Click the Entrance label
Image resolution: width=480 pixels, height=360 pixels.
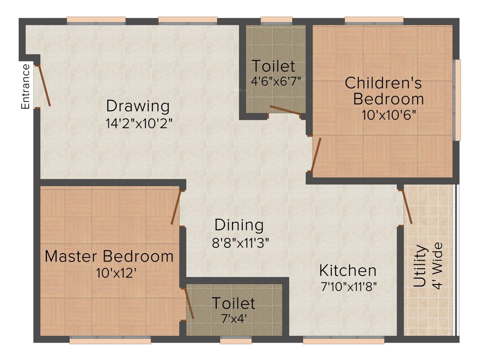click(25, 87)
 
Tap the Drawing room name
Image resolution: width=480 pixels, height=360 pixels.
click(137, 106)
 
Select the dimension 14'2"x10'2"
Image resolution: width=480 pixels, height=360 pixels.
click(139, 123)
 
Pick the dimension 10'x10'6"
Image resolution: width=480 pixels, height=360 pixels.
click(389, 115)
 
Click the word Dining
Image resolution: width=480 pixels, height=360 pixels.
click(239, 225)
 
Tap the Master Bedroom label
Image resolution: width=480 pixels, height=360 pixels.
click(109, 256)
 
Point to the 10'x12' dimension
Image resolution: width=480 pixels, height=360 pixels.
click(117, 273)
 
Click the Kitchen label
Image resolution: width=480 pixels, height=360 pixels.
click(347, 270)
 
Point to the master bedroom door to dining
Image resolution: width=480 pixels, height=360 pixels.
click(176, 207)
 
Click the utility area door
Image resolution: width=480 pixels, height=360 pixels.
click(407, 206)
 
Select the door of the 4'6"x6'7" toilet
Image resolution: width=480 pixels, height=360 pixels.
click(285, 110)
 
